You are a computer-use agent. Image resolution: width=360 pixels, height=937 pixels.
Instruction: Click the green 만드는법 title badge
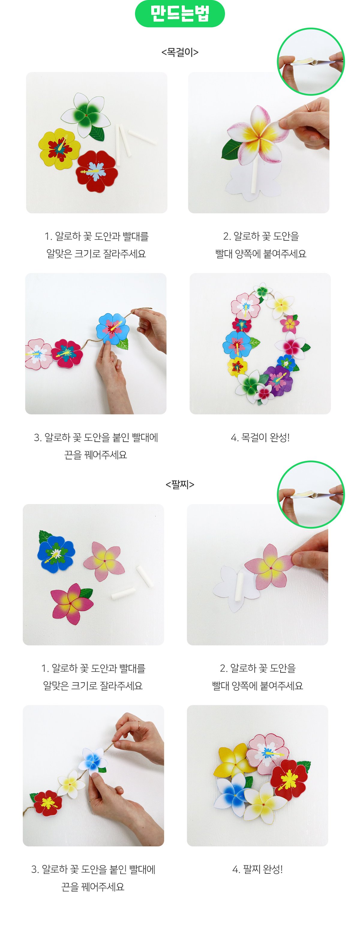coord(180,14)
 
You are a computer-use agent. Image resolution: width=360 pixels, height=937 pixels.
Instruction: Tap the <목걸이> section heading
coord(180,52)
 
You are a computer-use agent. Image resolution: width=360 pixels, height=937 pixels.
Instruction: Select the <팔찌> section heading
coord(180,484)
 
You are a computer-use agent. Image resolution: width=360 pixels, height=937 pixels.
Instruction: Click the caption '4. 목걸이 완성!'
coord(260,437)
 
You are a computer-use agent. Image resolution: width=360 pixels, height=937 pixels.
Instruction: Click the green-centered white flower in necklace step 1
coord(86,114)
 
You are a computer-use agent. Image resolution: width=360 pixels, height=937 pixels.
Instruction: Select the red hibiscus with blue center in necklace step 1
coord(97,171)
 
